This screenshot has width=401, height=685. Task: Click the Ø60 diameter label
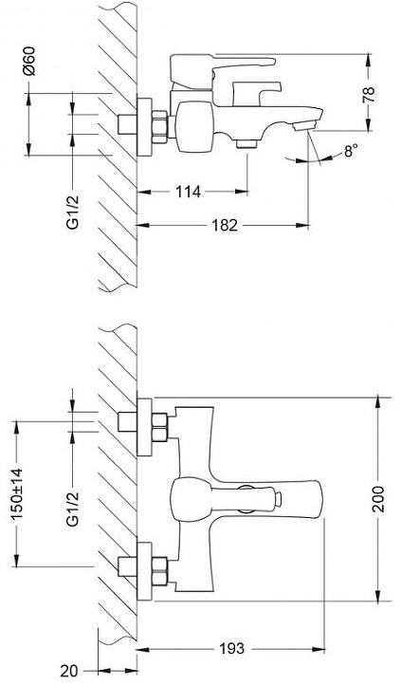pos(30,61)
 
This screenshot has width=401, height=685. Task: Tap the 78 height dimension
pos(369,95)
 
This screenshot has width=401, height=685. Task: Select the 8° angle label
pos(351,151)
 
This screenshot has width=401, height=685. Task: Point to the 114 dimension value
pos(188,192)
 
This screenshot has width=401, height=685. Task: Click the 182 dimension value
pos(225,226)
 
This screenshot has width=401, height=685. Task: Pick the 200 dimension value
pos(378,499)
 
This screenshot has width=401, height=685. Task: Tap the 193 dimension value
pos(231,649)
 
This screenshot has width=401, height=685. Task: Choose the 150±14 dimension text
pos(17,493)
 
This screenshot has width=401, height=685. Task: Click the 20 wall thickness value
pos(69,670)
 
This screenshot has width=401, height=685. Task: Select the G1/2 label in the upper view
pos(73,212)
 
